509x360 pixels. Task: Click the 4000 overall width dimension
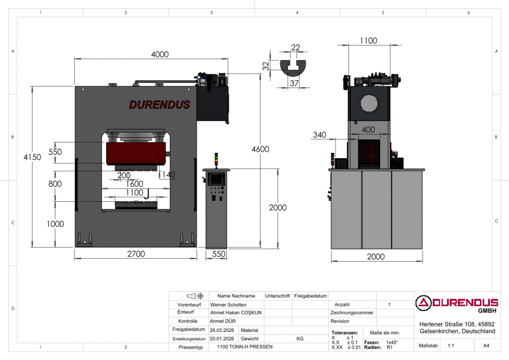[160, 54]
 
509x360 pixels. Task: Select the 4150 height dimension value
[32, 157]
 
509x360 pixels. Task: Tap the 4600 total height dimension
[260, 149]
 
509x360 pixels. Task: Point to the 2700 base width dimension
[136, 254]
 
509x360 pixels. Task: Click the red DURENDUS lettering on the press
[160, 105]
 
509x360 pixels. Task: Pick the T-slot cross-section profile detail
[293, 68]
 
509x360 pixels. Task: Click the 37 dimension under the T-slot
[294, 83]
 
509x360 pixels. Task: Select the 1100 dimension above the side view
[369, 41]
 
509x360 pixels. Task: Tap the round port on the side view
[369, 104]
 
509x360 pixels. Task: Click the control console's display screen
[216, 179]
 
